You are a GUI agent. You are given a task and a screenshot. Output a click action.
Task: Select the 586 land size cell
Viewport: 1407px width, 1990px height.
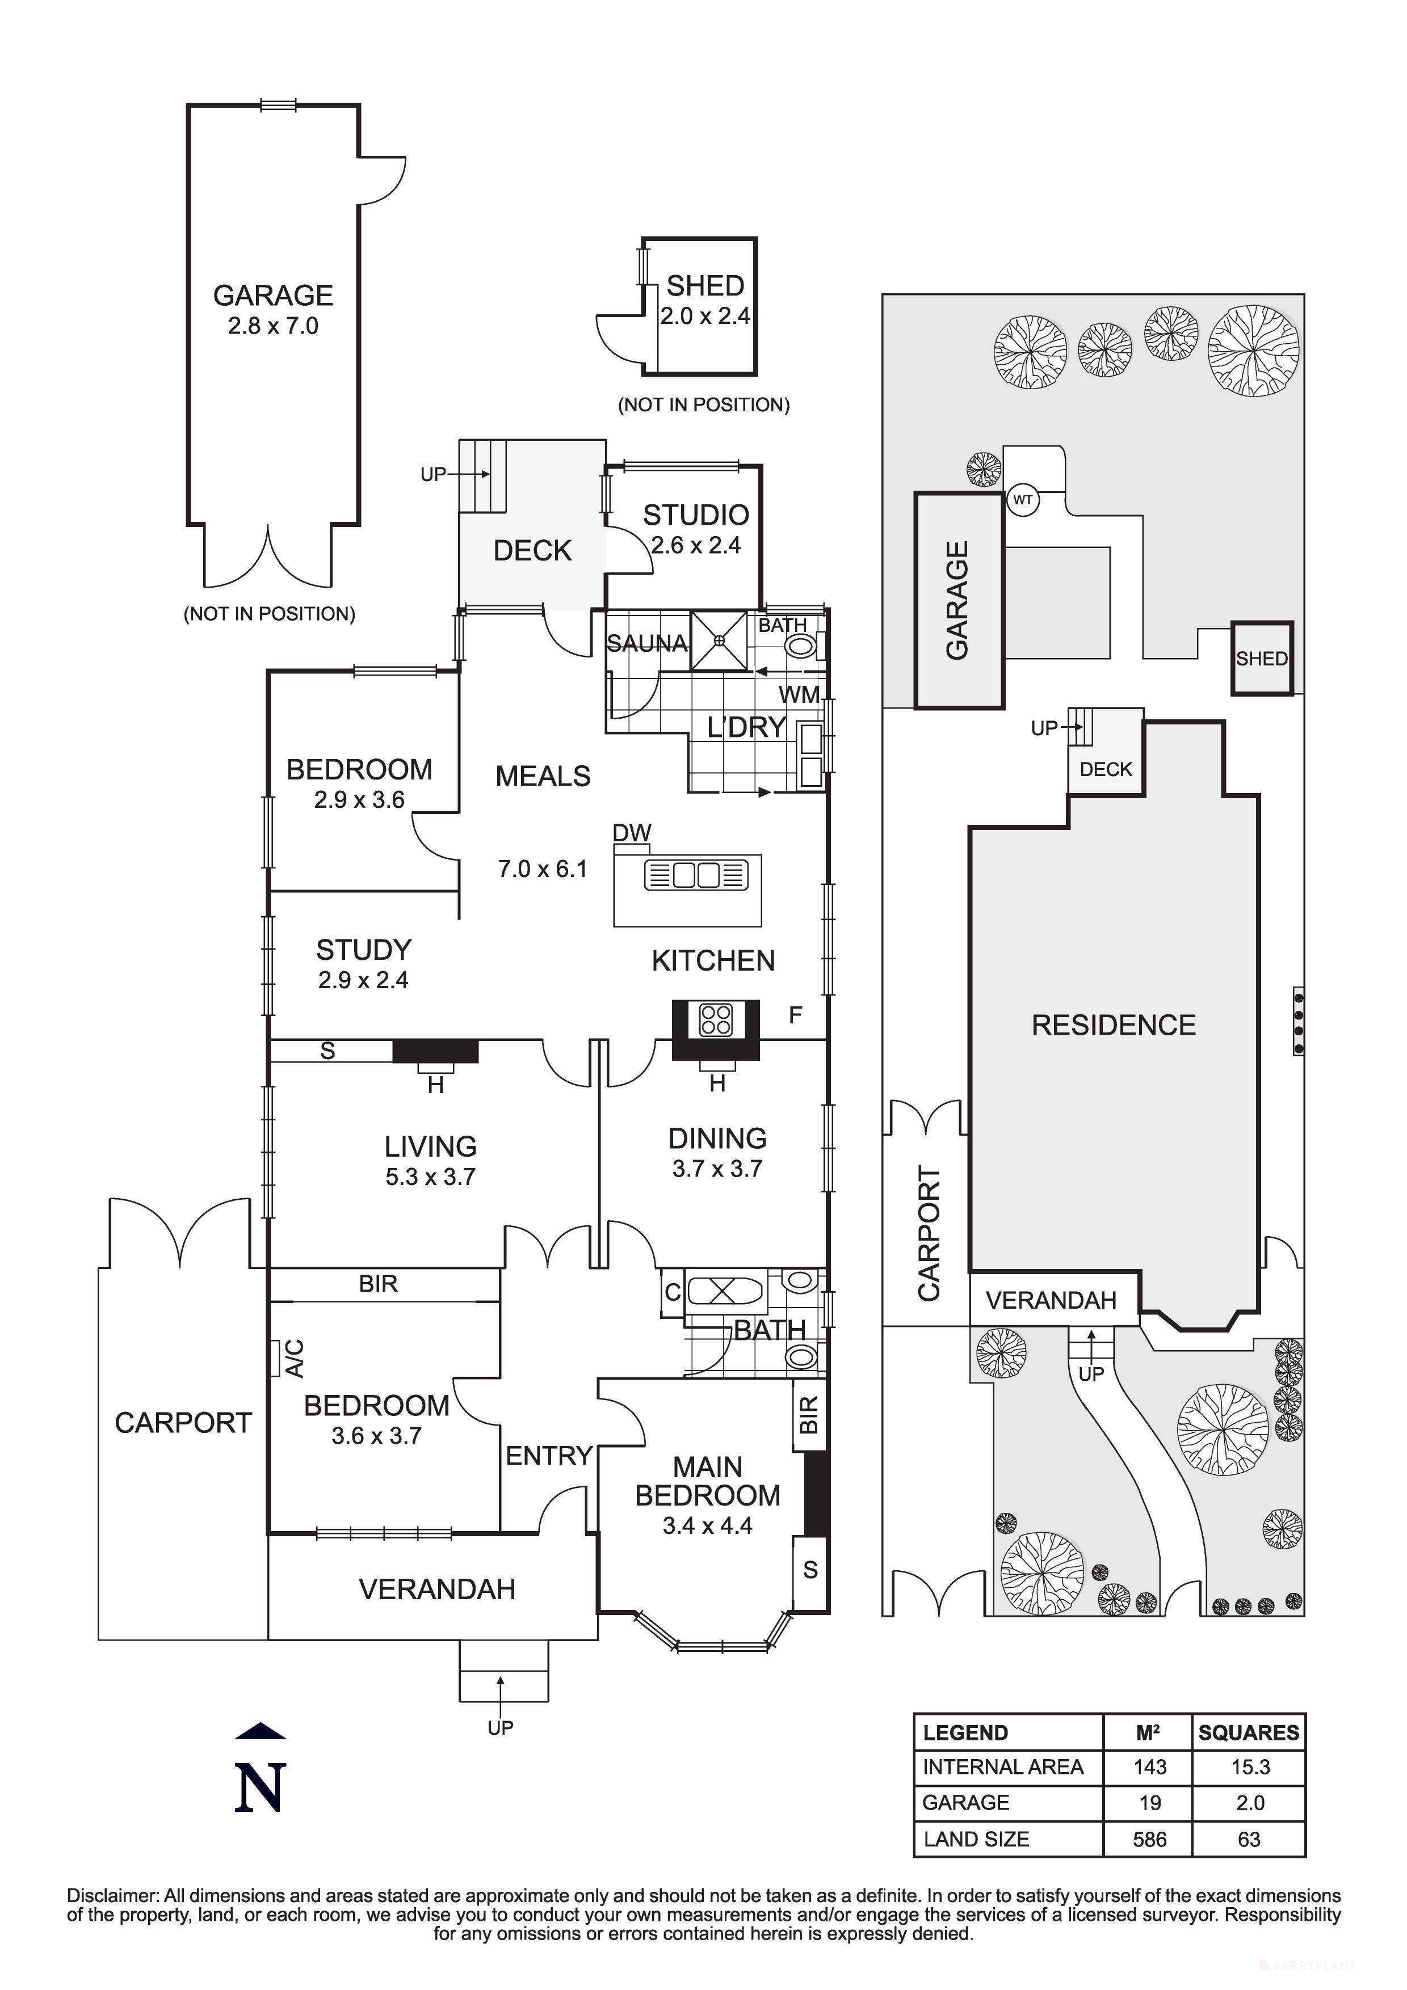click(1149, 1839)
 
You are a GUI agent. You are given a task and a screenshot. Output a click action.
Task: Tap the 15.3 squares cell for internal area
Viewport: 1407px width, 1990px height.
click(1249, 1766)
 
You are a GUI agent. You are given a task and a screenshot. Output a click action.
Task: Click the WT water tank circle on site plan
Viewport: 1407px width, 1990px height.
click(1023, 500)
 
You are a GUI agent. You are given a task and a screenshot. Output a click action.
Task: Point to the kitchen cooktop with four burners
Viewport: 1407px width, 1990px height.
click(716, 1019)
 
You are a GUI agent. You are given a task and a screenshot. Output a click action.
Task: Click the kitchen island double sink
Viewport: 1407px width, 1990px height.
click(696, 875)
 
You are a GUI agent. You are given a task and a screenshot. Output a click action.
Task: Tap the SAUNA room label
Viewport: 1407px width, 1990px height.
click(646, 643)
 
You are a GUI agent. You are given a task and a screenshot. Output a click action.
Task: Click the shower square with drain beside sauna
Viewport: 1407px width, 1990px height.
click(719, 640)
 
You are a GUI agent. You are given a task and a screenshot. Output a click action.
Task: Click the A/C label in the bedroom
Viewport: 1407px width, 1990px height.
click(294, 1358)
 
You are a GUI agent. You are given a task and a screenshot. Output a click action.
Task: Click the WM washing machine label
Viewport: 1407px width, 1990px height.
click(799, 694)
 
